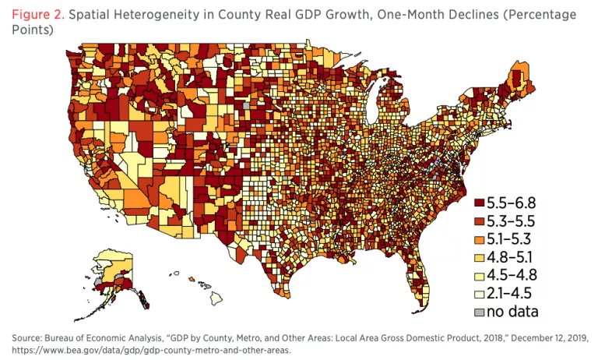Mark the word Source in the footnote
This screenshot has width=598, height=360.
click(28, 338)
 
